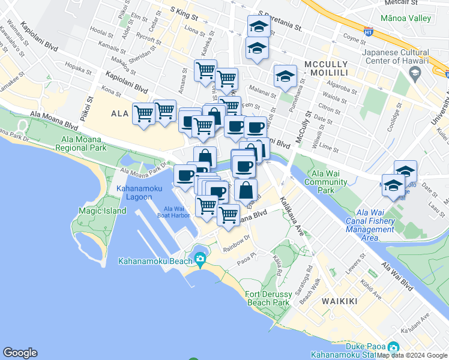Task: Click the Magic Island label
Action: [102, 211]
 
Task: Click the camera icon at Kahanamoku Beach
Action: [200, 260]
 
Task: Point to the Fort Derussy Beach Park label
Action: [276, 298]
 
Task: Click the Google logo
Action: [20, 353]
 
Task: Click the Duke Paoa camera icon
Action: [393, 347]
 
